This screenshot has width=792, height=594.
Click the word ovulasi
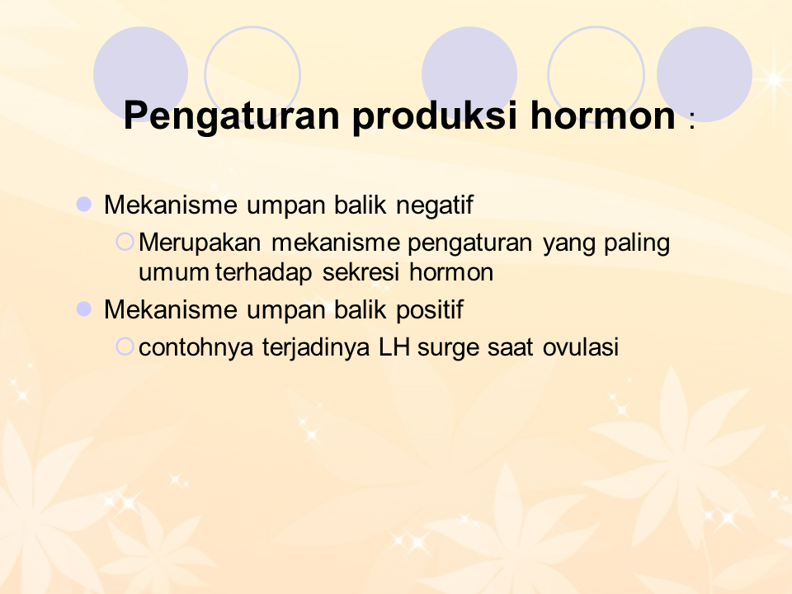click(580, 347)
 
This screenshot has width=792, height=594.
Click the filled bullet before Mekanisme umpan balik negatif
click(83, 205)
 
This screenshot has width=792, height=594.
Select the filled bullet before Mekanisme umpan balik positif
click(83, 309)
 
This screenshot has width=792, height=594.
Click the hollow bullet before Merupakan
click(125, 242)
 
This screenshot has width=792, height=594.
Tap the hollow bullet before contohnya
click(125, 346)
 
